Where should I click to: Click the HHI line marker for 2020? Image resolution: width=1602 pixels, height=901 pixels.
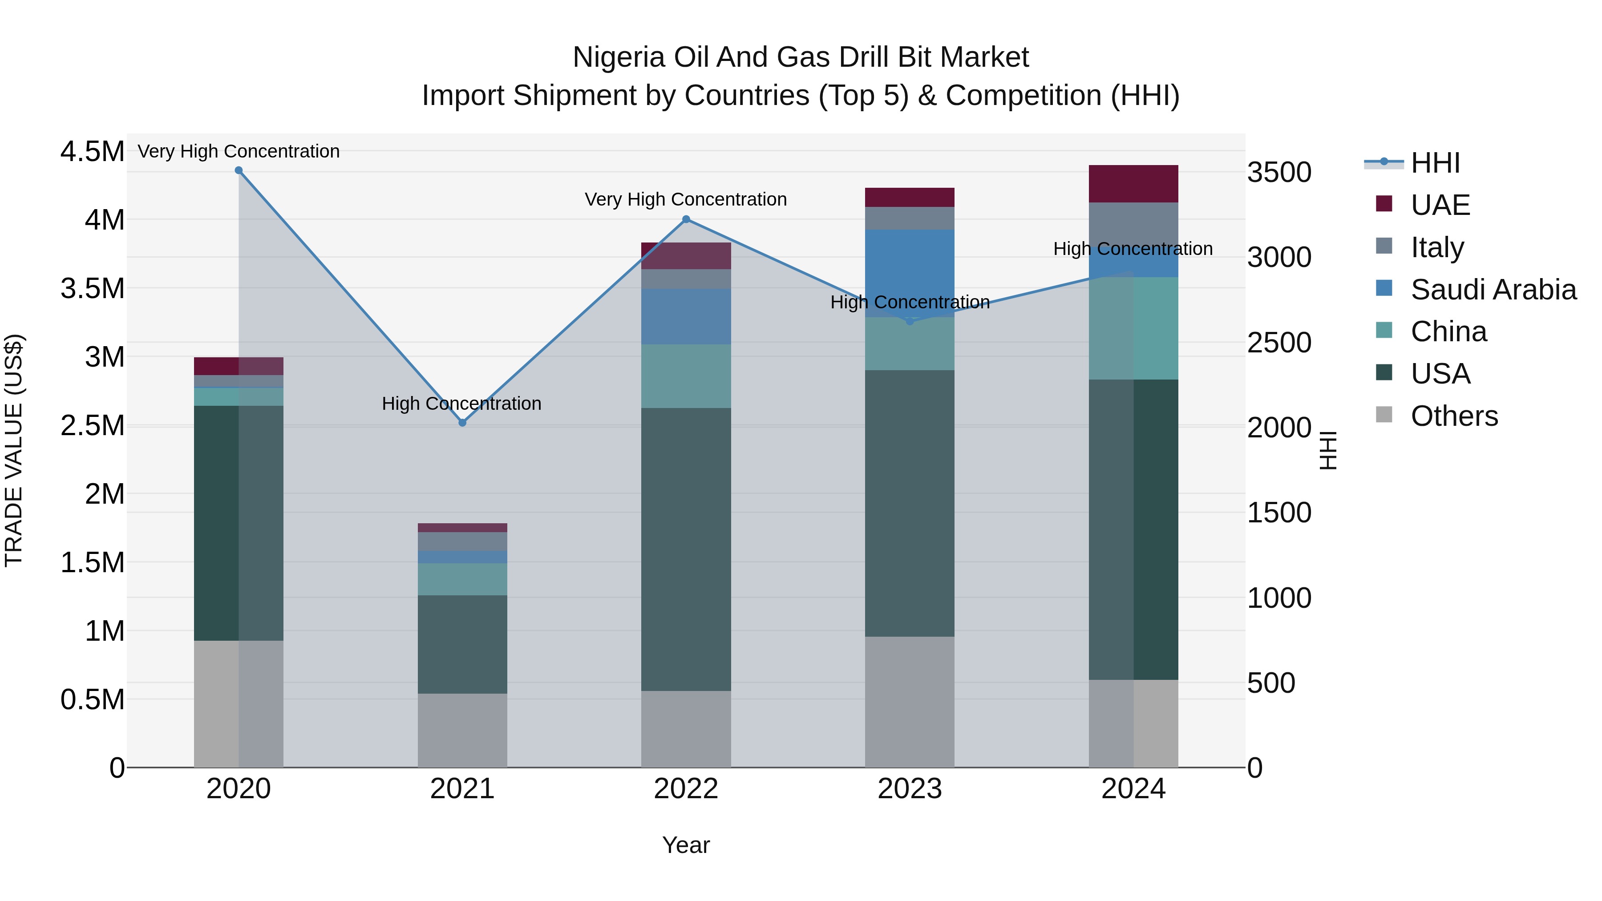[239, 170]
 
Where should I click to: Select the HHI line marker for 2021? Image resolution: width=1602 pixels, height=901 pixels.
[462, 423]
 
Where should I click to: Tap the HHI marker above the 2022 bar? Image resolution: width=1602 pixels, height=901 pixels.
[686, 219]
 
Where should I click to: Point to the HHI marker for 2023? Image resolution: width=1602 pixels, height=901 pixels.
[910, 322]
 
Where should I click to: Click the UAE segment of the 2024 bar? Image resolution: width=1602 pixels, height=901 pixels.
[1133, 184]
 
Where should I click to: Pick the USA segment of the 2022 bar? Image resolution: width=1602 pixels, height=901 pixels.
[686, 549]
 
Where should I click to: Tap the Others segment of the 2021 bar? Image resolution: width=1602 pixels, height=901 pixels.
[462, 730]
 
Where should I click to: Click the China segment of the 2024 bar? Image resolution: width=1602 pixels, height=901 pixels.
[1133, 328]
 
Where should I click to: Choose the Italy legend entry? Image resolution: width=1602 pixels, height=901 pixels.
[1436, 247]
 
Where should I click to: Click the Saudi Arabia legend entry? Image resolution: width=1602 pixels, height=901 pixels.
[1493, 290]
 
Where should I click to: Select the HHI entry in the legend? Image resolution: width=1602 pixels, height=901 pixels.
[1434, 163]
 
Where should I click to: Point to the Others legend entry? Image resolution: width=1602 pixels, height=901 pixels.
[1453, 416]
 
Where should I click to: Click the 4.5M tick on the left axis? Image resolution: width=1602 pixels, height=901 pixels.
[92, 152]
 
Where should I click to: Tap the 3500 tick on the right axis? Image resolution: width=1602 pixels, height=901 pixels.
[1278, 173]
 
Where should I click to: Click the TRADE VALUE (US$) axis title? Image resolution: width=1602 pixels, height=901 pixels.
[14, 450]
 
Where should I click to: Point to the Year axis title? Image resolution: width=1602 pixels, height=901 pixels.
[685, 845]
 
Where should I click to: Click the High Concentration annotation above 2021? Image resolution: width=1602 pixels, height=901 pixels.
[461, 404]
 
